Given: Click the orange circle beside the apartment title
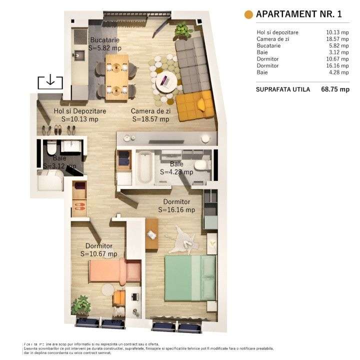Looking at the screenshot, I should click(x=248, y=14).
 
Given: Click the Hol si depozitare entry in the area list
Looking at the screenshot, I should click(x=277, y=32).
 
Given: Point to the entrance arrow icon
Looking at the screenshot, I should click(x=50, y=81).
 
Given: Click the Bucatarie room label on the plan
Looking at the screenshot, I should click(x=105, y=40).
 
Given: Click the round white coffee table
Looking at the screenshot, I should click(x=165, y=80).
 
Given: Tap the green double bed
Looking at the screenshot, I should click(x=190, y=277).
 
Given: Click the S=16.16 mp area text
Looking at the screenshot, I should click(x=176, y=210).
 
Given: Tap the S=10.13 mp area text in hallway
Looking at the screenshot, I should click(x=80, y=119).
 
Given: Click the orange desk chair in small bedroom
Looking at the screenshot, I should click(x=120, y=297).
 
